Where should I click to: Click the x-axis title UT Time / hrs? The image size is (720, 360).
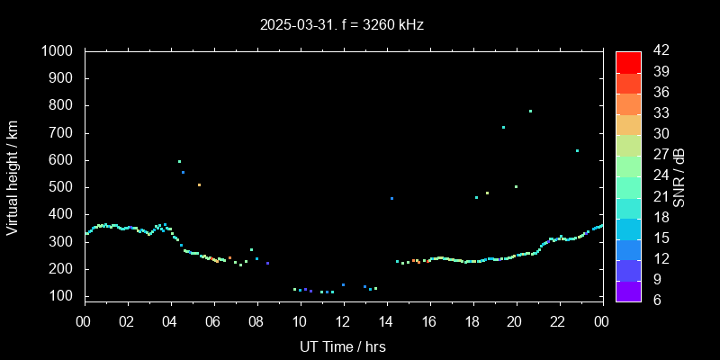click(x=343, y=346)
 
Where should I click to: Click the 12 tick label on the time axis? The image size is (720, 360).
click(x=343, y=321)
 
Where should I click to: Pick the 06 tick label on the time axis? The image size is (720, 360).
click(x=213, y=321)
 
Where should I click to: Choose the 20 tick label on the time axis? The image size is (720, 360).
click(x=516, y=321)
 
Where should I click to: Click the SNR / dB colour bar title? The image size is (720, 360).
click(x=679, y=175)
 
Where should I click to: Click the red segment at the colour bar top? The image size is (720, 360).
click(x=628, y=61)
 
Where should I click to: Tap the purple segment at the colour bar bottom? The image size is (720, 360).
click(x=628, y=290)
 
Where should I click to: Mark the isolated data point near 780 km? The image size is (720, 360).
click(x=530, y=112)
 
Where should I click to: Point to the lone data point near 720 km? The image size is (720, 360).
click(x=503, y=128)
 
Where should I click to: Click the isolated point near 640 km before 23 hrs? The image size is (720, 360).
click(x=577, y=150)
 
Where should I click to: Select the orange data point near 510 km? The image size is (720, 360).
click(x=199, y=184)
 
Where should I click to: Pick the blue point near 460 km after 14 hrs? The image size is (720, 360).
click(x=391, y=198)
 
